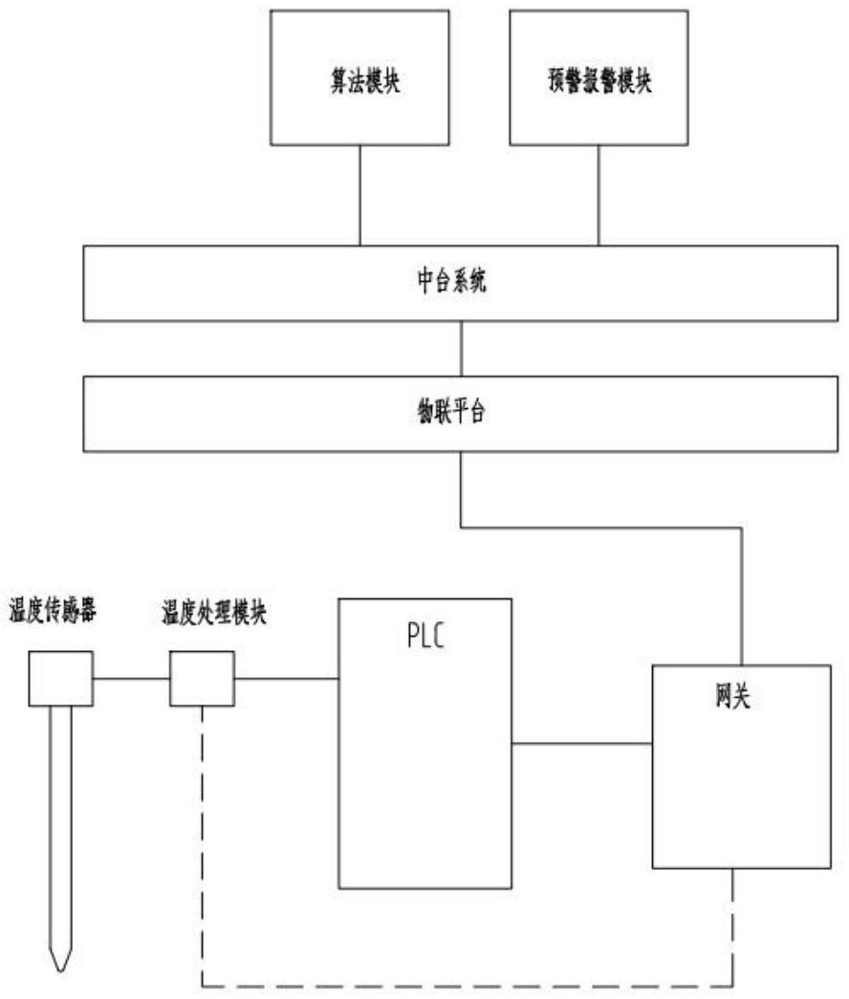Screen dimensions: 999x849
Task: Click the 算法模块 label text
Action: (x=359, y=83)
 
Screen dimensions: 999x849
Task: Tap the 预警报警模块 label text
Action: (x=598, y=83)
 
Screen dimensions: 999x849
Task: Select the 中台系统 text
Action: (x=463, y=282)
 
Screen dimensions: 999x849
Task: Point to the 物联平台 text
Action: (x=463, y=412)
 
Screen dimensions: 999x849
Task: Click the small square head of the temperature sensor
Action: (x=60, y=678)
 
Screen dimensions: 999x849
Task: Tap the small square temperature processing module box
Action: (x=202, y=678)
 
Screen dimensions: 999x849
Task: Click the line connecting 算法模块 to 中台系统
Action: (x=359, y=196)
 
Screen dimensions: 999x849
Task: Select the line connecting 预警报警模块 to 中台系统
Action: (x=599, y=196)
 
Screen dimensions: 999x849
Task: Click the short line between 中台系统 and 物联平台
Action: (x=463, y=348)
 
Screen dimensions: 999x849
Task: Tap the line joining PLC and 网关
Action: (x=581, y=742)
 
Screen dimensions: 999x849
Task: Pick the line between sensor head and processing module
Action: (x=131, y=679)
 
